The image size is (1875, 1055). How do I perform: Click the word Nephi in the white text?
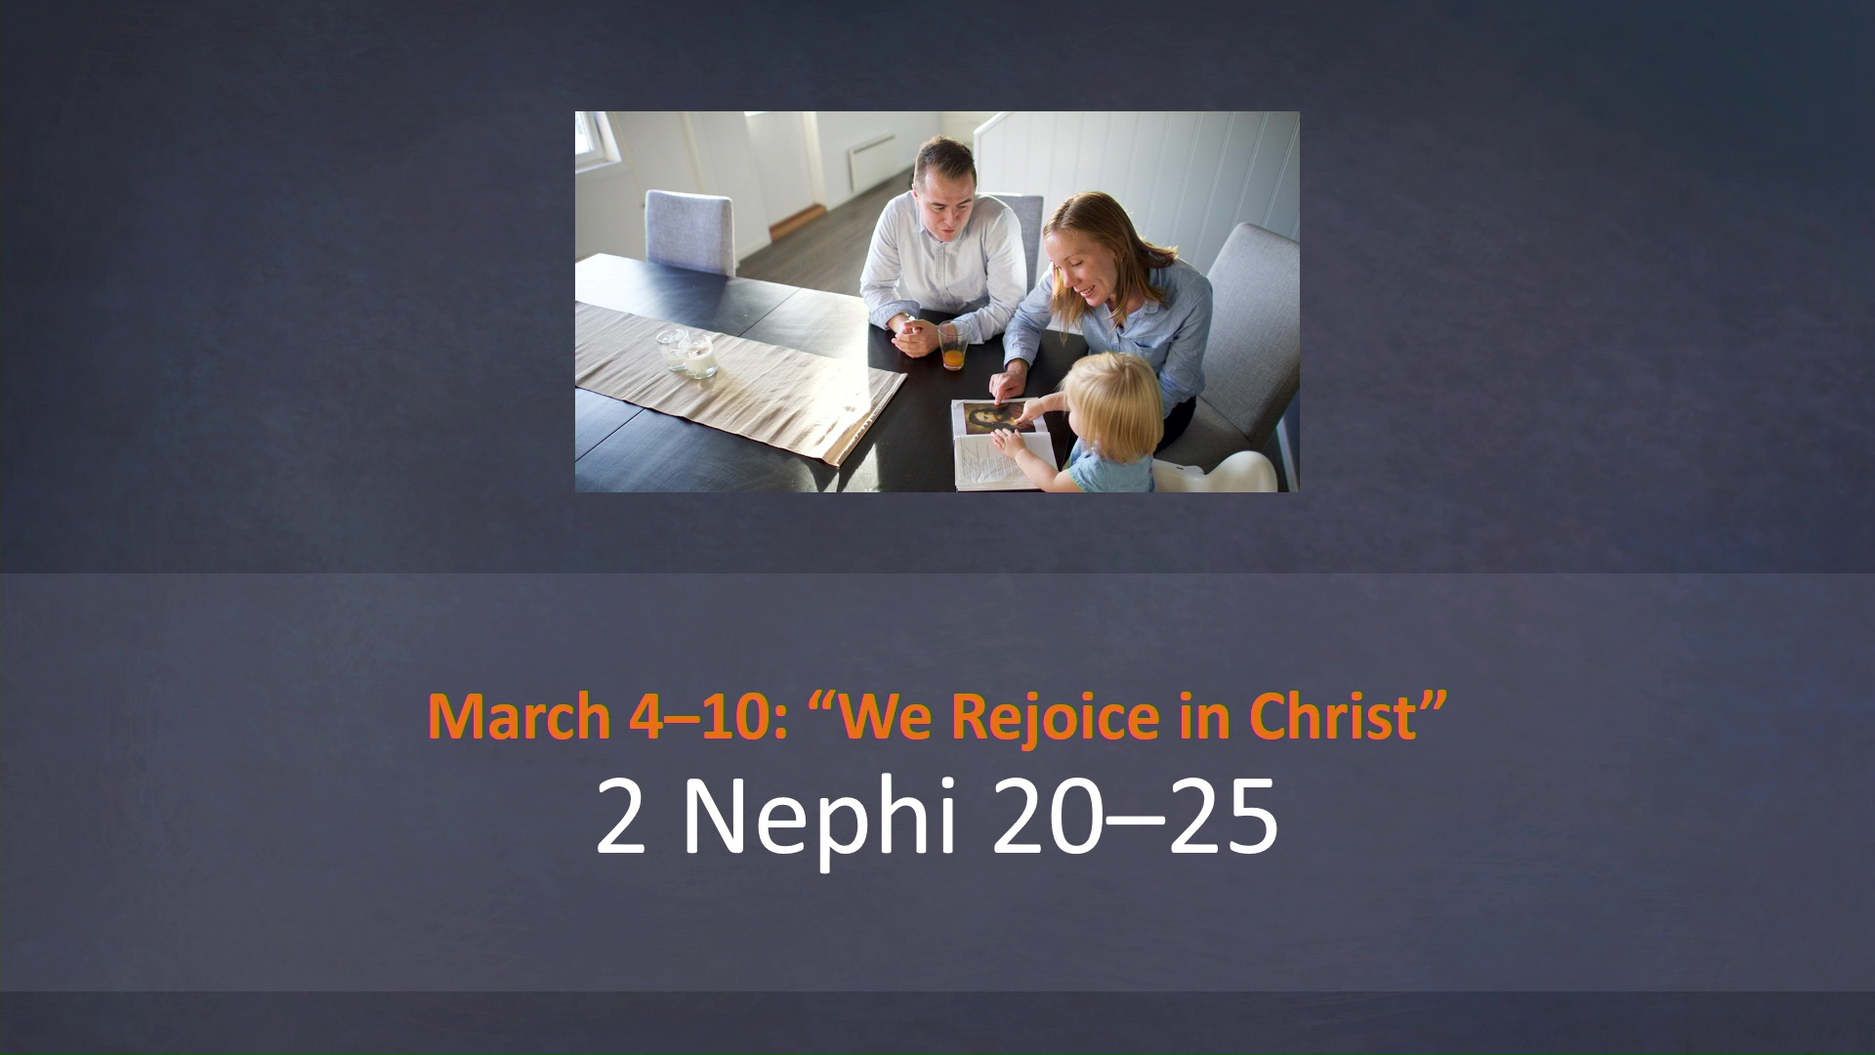pos(817,817)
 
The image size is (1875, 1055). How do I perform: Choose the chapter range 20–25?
pos(1133,817)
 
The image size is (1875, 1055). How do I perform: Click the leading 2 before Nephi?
pos(620,817)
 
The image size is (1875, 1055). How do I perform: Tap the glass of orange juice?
pos(953,346)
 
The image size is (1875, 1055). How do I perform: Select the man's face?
pos(943,195)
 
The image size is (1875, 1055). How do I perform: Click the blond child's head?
pos(1113,396)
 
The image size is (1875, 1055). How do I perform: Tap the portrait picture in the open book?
pos(988,419)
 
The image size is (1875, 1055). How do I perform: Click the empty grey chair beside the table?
pos(689,230)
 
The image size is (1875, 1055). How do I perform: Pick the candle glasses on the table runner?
pos(687,354)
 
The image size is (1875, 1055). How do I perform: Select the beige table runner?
pos(742,381)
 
